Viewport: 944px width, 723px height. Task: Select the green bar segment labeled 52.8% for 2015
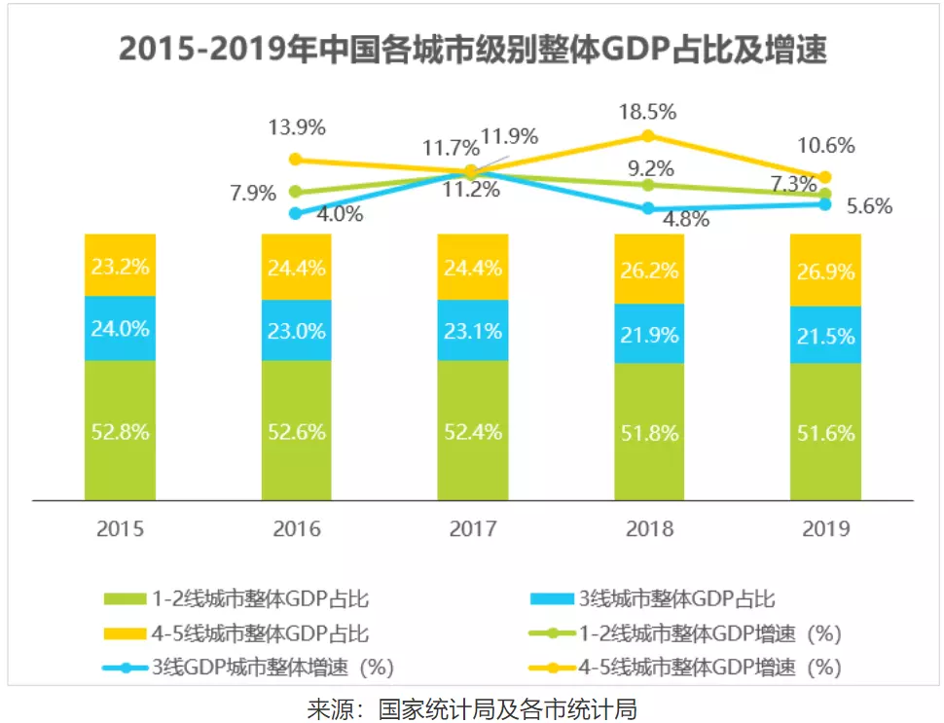coord(120,431)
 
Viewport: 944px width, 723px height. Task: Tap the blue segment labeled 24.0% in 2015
coord(120,328)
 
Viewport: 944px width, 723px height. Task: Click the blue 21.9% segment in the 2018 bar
coord(649,332)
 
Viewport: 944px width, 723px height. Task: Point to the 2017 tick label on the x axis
coord(473,529)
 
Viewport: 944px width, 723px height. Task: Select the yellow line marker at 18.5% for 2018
coord(649,135)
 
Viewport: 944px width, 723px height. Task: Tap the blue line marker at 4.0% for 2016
coord(296,213)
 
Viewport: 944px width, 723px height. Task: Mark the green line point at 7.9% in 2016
coord(296,192)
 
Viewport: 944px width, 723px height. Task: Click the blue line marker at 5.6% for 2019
coord(825,204)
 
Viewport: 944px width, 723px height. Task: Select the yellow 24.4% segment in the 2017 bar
coord(473,267)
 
